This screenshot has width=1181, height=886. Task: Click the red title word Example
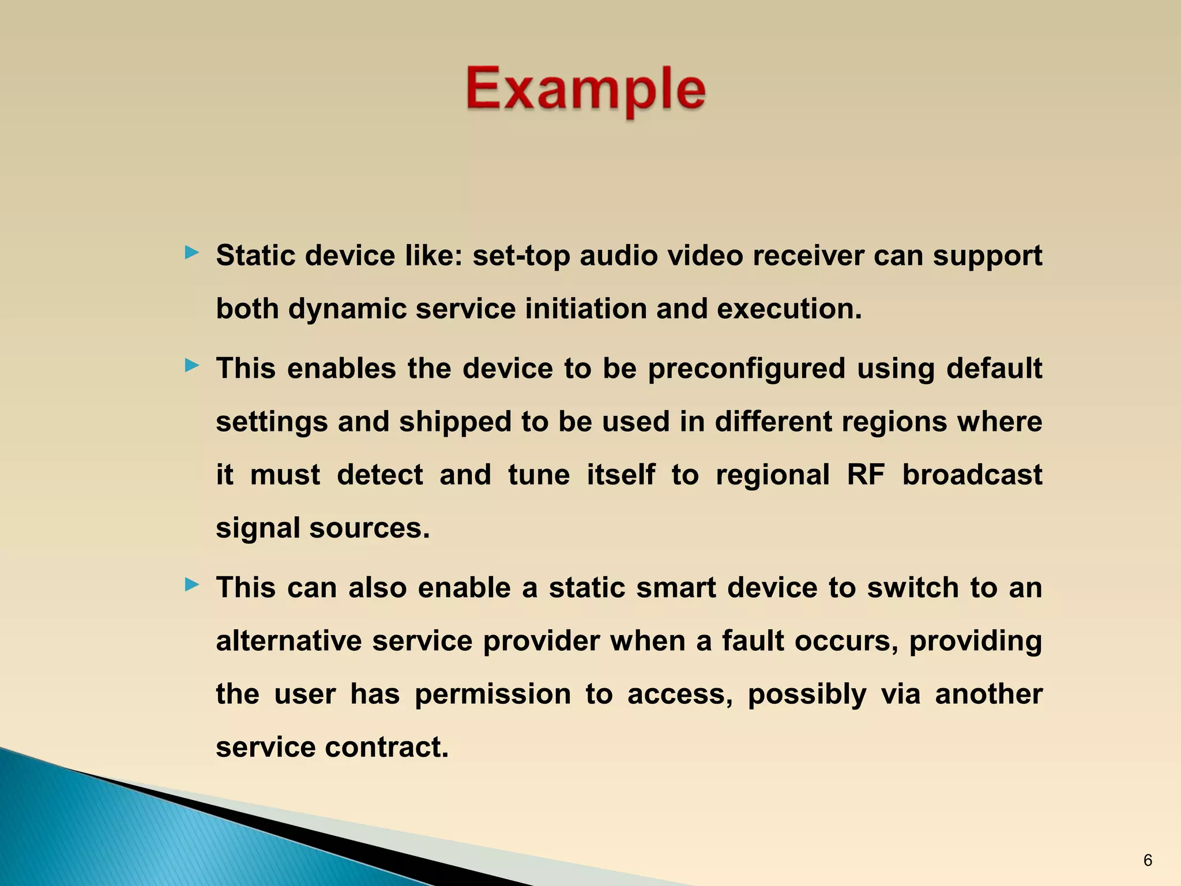click(x=585, y=89)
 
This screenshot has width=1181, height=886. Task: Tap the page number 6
click(x=1148, y=861)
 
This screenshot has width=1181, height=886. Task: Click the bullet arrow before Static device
click(x=192, y=253)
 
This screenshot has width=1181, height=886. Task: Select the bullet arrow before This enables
click(x=192, y=365)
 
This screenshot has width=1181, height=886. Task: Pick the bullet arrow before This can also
click(x=192, y=585)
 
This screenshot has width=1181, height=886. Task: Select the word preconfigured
click(x=746, y=369)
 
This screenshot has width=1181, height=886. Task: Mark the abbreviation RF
click(x=866, y=475)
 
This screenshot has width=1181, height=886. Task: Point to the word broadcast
click(x=972, y=475)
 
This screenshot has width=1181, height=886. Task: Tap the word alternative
click(x=289, y=641)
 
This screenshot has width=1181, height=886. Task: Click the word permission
click(x=492, y=694)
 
